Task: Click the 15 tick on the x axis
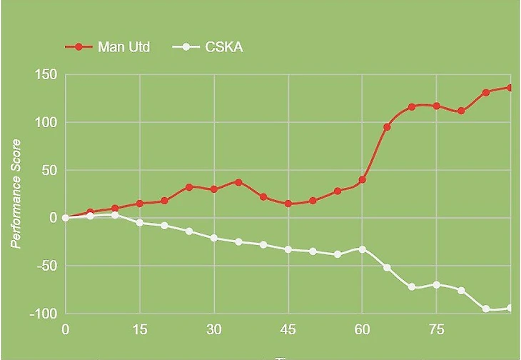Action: click(140, 329)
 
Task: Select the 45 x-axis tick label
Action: click(288, 329)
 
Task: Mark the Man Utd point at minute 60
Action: click(363, 180)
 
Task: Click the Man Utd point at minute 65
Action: click(387, 127)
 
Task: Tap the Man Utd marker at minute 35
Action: click(238, 182)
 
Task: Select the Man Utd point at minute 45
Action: click(288, 204)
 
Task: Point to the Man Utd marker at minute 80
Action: click(461, 111)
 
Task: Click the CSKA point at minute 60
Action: click(363, 249)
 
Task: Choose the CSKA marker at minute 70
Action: click(412, 287)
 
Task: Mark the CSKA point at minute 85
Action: click(486, 309)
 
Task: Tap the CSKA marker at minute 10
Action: click(115, 215)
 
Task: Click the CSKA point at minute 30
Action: click(214, 238)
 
